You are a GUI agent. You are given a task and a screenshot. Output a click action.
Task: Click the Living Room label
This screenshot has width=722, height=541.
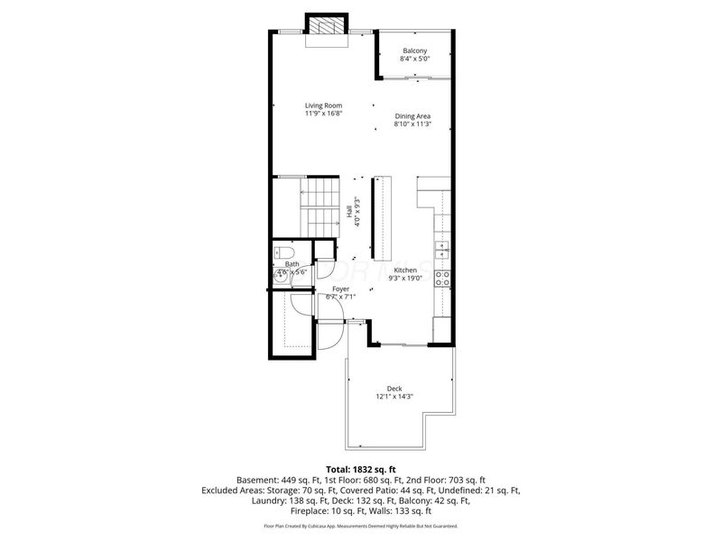322,105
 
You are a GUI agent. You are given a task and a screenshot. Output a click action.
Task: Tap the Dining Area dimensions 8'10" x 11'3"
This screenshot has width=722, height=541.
412,124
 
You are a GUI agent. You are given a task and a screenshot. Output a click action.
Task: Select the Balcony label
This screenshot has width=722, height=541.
415,50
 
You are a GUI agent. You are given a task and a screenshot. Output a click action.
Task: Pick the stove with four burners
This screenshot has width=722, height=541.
442,278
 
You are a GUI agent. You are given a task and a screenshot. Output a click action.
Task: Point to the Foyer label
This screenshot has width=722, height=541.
340,289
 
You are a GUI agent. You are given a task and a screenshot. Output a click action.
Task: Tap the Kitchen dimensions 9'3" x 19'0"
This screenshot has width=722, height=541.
404,279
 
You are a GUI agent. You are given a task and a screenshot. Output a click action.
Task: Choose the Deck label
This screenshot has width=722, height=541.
394,389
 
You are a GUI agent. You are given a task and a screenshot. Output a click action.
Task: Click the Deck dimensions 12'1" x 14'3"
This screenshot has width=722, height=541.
394,397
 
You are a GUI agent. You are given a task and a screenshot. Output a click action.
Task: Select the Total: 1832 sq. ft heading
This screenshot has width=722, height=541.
361,470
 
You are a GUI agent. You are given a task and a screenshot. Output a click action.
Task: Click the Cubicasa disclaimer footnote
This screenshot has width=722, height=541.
361,526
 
